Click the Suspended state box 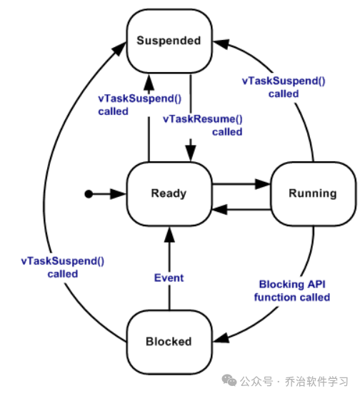click(x=169, y=41)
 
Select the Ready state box click(x=169, y=193)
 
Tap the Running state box click(x=312, y=193)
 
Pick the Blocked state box click(x=169, y=342)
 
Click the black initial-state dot click(x=88, y=193)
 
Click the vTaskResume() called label click(x=203, y=126)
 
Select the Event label click(x=169, y=278)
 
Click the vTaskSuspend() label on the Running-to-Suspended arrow click(x=283, y=87)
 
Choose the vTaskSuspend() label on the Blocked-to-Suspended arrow click(x=62, y=267)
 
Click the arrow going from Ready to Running click(x=241, y=184)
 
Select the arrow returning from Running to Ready click(x=241, y=209)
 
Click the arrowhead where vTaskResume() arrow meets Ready click(x=191, y=154)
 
